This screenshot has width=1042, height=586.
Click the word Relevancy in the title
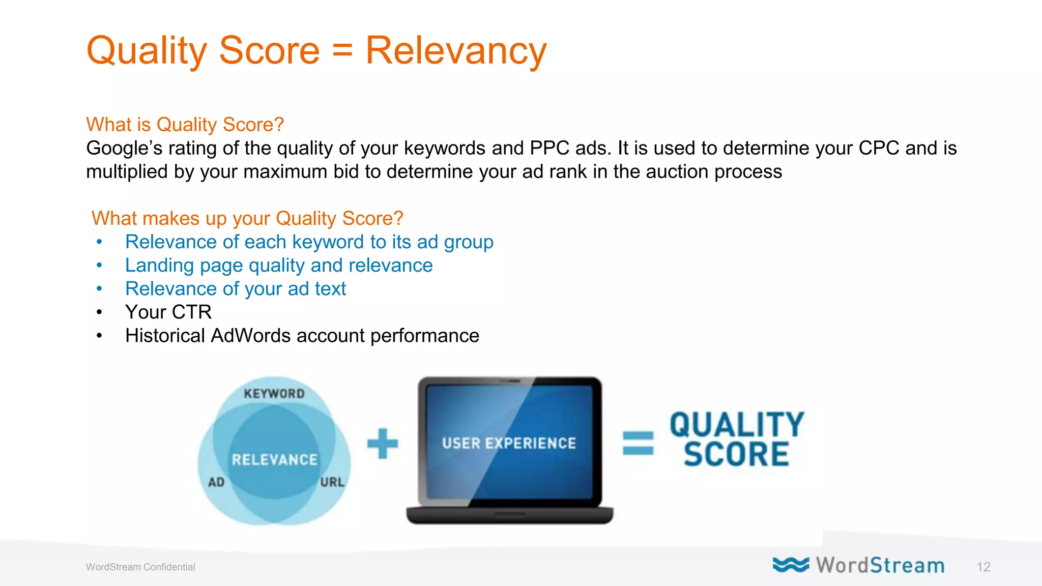(455, 51)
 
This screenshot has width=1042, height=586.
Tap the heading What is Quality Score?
(185, 125)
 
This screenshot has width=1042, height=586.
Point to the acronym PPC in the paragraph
(549, 148)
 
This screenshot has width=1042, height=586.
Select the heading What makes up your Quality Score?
(247, 218)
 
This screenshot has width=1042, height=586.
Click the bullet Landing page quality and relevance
(279, 266)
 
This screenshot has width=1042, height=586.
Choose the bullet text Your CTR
(168, 312)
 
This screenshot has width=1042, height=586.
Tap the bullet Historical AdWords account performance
(302, 336)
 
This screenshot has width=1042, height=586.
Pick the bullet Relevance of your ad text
(236, 289)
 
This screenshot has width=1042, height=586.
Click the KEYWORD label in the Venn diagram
(274, 394)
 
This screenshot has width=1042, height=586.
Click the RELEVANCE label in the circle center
(275, 460)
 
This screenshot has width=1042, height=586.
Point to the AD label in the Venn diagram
(216, 482)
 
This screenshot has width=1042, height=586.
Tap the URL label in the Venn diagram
(332, 482)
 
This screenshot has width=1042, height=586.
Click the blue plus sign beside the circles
(383, 444)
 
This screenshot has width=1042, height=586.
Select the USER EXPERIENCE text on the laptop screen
(509, 444)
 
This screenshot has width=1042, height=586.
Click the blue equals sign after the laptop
(638, 443)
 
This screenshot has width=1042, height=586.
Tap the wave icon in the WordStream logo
(790, 565)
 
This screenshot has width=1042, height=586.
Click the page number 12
(983, 567)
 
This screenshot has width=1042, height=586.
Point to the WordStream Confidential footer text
(140, 567)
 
